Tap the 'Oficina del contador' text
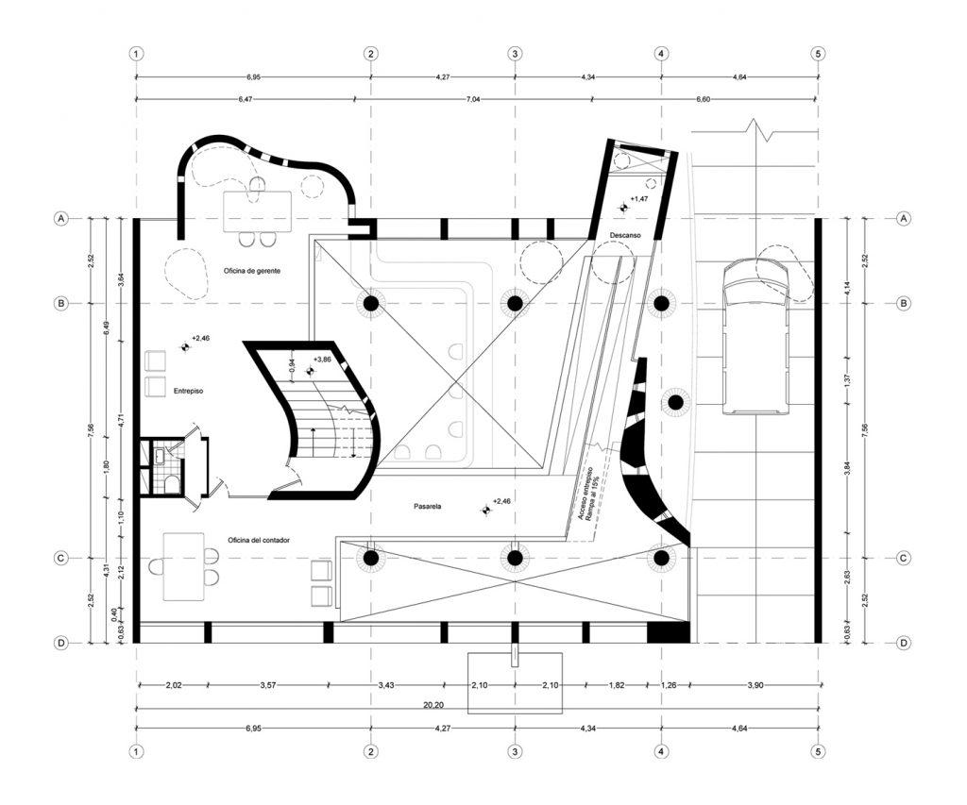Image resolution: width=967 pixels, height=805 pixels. coord(259,540)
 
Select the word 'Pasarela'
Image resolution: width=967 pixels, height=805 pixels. coord(428,507)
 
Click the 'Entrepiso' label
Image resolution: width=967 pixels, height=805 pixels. coord(189,390)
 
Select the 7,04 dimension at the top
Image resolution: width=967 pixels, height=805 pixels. coord(514,98)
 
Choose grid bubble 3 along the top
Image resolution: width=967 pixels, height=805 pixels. coord(515,54)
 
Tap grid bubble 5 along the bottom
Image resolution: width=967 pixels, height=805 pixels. coord(818,752)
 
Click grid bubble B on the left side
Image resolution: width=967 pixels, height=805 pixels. coord(61,304)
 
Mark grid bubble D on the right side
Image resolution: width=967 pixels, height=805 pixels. coord(904,643)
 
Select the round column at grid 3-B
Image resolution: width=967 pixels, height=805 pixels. coord(515,304)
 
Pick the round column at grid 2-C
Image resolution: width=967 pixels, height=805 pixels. coord(371,558)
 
